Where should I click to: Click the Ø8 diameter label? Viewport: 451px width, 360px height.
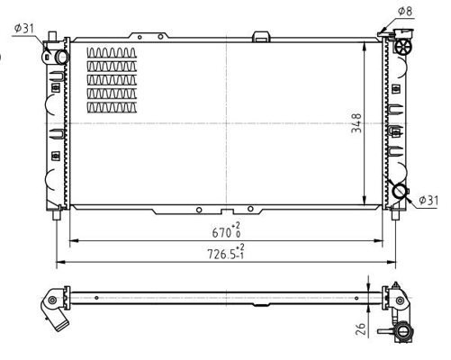point(405,12)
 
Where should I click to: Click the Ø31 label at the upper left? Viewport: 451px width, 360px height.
point(24,29)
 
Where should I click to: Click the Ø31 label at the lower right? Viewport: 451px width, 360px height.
point(428,200)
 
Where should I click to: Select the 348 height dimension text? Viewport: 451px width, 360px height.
point(356,123)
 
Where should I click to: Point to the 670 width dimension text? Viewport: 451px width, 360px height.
point(221,232)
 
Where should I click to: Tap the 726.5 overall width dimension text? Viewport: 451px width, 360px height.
point(221,255)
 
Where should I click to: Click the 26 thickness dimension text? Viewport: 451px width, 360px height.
point(360,328)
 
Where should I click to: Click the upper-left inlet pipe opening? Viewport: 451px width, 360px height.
point(62,58)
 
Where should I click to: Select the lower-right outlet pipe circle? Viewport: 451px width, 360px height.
point(400,191)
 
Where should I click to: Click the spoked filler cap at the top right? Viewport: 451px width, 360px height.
point(403,47)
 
